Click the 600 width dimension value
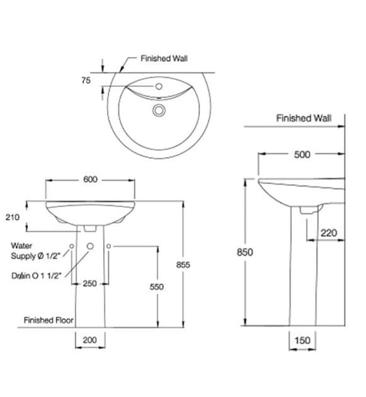pos(90,179)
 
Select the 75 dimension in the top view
pos(86,81)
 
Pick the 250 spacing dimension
pos(90,284)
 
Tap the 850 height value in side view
pos(245,252)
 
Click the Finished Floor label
pos(49,320)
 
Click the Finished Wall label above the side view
pos(304,119)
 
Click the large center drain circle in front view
pos(90,246)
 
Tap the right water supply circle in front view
pos(109,246)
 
